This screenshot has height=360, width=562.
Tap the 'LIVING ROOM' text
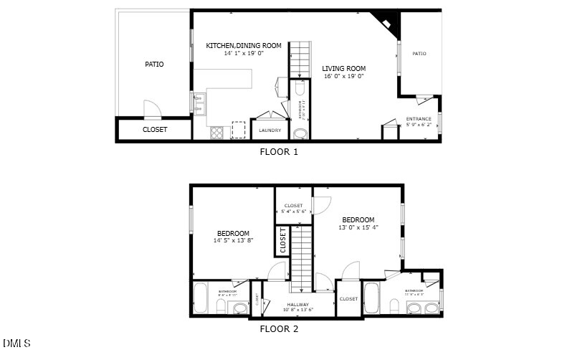344,68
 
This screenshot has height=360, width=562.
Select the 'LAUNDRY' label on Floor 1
270,131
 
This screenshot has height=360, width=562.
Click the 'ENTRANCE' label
419,118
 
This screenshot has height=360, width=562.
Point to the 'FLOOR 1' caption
278,152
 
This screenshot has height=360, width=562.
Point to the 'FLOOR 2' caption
278,329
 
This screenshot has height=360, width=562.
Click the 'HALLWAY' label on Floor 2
298,305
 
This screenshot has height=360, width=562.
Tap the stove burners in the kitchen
216,132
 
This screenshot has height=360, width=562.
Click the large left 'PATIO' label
154,65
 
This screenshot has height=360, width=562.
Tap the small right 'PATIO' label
419,53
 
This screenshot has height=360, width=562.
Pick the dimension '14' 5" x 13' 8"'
234,241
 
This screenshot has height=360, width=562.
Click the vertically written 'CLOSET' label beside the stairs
283,241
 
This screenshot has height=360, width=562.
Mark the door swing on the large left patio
153,110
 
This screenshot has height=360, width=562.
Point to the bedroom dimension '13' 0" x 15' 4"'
358,227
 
